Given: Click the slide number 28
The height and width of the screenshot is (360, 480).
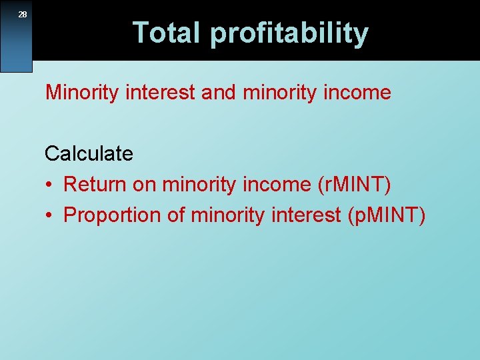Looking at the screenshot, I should [x=23, y=14].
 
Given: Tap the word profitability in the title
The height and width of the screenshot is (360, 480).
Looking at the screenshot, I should [x=289, y=33].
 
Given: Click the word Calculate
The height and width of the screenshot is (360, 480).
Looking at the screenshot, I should [x=89, y=154].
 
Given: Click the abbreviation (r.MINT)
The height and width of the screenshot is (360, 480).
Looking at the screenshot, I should [x=351, y=185].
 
